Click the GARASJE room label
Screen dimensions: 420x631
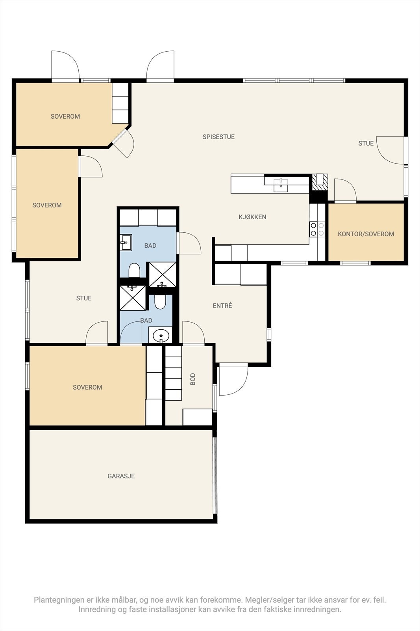pyautogui.click(x=121, y=476)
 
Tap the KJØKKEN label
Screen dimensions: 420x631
pyautogui.click(x=252, y=217)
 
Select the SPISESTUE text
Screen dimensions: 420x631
pyautogui.click(x=219, y=137)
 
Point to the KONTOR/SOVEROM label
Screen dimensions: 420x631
pyautogui.click(x=366, y=234)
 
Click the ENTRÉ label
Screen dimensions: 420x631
pyautogui.click(x=222, y=306)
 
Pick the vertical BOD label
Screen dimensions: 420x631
pyautogui.click(x=193, y=379)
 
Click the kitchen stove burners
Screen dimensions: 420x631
pyautogui.click(x=317, y=229)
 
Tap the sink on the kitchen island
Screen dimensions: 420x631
pyautogui.click(x=281, y=185)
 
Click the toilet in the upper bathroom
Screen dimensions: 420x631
pyautogui.click(x=134, y=271)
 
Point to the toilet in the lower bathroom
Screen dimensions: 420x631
pyautogui.click(x=160, y=301)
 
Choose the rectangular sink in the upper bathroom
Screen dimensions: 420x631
pyautogui.click(x=126, y=242)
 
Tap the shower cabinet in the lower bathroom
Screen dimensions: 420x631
pyautogui.click(x=133, y=298)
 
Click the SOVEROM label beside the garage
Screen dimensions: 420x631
pyautogui.click(x=87, y=387)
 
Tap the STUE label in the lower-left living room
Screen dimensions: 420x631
pyautogui.click(x=84, y=298)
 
